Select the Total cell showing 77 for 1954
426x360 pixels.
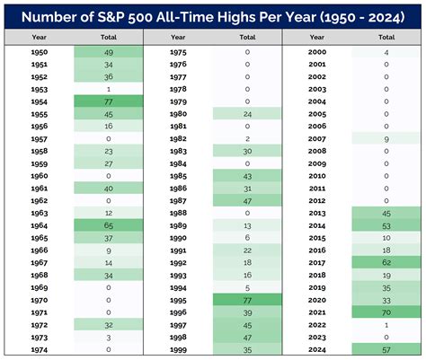[x=108, y=101]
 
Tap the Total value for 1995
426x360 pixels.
[x=247, y=299]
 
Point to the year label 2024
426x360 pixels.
[x=316, y=348]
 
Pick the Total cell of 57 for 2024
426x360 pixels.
[x=386, y=348]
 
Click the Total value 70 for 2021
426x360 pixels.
[x=386, y=312]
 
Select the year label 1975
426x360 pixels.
[x=177, y=52]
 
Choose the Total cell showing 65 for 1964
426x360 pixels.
[x=108, y=224]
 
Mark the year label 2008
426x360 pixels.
[x=316, y=151]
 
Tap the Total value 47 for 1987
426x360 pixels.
[x=247, y=200]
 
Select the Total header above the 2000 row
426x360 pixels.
[x=386, y=37]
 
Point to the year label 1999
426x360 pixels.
[x=177, y=348]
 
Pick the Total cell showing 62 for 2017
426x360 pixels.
[x=386, y=262]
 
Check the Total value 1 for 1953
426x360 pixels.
[x=108, y=89]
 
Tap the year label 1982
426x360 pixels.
[x=177, y=138]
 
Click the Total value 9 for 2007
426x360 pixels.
[x=386, y=138]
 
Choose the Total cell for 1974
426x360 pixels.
[x=108, y=348]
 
